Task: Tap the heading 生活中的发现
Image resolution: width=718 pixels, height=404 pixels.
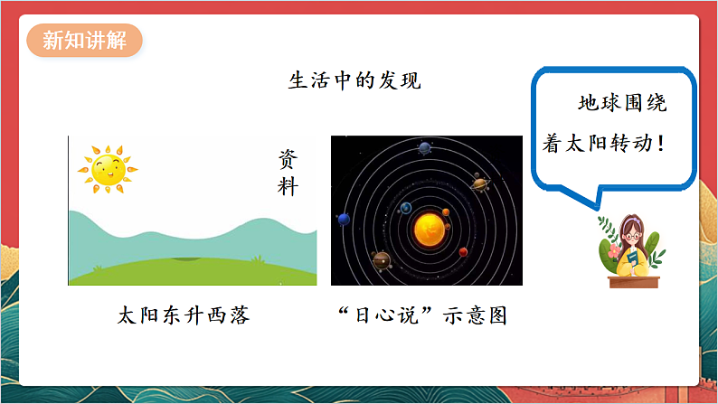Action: (354, 80)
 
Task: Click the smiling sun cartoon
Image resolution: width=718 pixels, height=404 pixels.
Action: (106, 168)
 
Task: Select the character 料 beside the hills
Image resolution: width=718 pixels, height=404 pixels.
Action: (288, 187)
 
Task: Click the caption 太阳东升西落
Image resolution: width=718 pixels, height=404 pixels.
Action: (184, 315)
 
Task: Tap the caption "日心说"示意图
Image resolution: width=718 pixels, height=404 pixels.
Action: (421, 315)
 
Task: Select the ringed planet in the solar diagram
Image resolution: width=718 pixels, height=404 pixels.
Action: (480, 183)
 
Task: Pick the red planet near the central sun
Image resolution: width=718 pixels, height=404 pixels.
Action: (464, 251)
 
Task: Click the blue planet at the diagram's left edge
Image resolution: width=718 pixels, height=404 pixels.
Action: (344, 219)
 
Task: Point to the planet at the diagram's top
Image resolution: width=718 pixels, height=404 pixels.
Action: (424, 147)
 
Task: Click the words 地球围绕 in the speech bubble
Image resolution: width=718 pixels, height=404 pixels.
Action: (622, 103)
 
